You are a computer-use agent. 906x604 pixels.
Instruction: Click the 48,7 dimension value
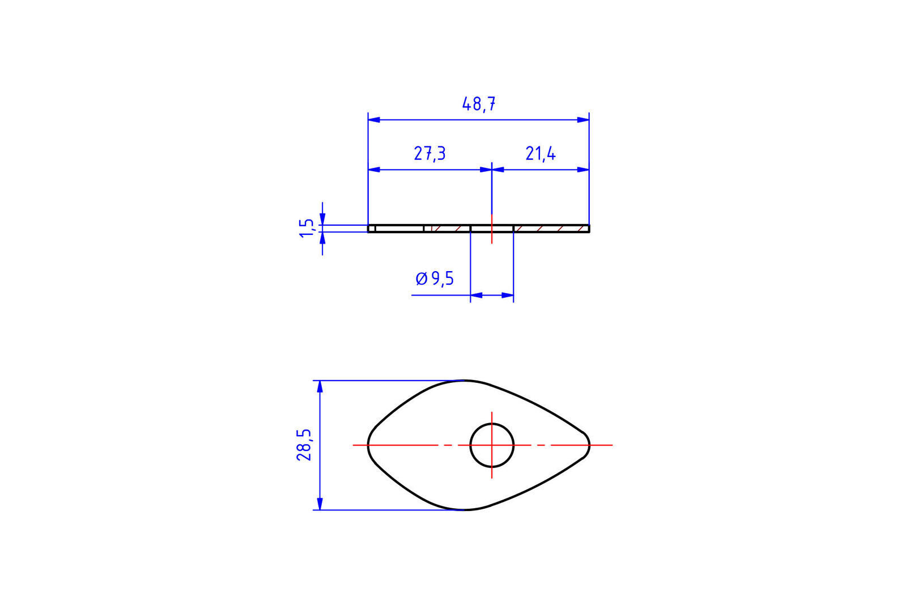478,104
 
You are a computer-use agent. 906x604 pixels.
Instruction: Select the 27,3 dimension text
429,154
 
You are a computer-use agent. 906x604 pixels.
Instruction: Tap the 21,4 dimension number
541,154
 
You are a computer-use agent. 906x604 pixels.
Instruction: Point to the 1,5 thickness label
306,229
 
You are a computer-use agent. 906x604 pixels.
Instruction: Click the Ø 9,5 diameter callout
435,278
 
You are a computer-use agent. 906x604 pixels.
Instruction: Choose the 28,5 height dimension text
304,445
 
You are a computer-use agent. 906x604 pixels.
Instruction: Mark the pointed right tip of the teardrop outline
590,445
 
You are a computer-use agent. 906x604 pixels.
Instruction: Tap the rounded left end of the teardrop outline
368,445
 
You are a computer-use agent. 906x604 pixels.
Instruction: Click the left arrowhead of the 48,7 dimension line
374,120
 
